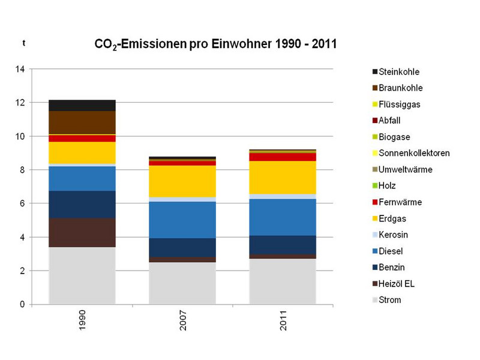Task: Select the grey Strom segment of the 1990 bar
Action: [82, 275]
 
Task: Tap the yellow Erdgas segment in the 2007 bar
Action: [182, 181]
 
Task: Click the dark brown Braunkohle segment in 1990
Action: [82, 122]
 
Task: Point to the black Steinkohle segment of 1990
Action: [82, 105]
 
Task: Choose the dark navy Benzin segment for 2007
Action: [182, 247]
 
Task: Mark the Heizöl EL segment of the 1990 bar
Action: [82, 232]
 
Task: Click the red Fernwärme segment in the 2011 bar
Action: [282, 157]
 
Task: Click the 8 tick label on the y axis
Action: [22, 170]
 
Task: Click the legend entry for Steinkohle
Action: [398, 71]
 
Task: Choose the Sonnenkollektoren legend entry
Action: [413, 153]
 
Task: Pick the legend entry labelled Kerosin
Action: [395, 235]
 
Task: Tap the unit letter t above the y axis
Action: [24, 43]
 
